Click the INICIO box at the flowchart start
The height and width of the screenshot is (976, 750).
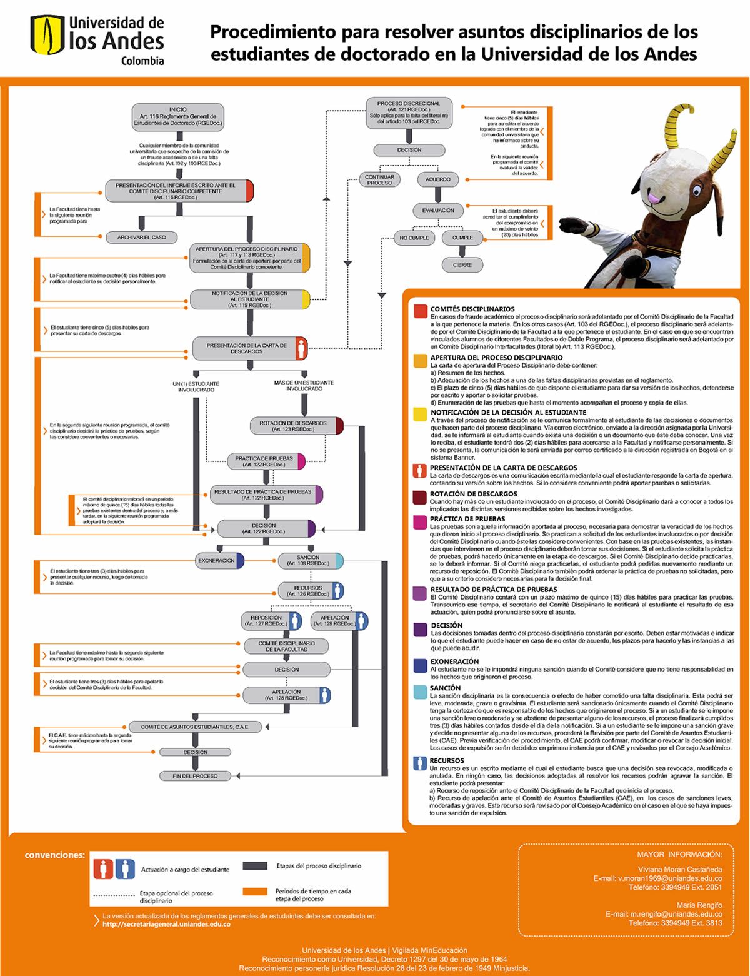(x=178, y=116)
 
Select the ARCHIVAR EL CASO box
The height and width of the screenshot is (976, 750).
(x=142, y=237)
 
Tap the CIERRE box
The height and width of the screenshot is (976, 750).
(x=462, y=265)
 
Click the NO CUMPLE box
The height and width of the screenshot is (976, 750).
(x=414, y=238)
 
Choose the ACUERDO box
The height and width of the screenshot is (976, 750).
(x=438, y=179)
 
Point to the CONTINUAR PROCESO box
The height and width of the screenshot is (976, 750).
(x=379, y=179)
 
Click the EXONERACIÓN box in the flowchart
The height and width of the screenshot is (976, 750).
(x=217, y=561)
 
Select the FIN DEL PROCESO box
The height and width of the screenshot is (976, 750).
(x=196, y=776)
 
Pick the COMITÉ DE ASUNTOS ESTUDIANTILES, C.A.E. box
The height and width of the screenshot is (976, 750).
(x=195, y=727)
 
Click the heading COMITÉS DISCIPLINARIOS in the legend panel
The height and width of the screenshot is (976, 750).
(x=472, y=309)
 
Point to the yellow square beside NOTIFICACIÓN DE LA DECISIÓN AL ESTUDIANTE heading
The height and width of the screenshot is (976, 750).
(x=420, y=415)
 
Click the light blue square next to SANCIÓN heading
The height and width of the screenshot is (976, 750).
(x=420, y=690)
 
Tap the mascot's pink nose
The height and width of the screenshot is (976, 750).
(x=653, y=198)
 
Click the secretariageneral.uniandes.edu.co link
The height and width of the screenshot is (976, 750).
(x=167, y=924)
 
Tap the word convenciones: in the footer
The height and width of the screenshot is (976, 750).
(x=54, y=855)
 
